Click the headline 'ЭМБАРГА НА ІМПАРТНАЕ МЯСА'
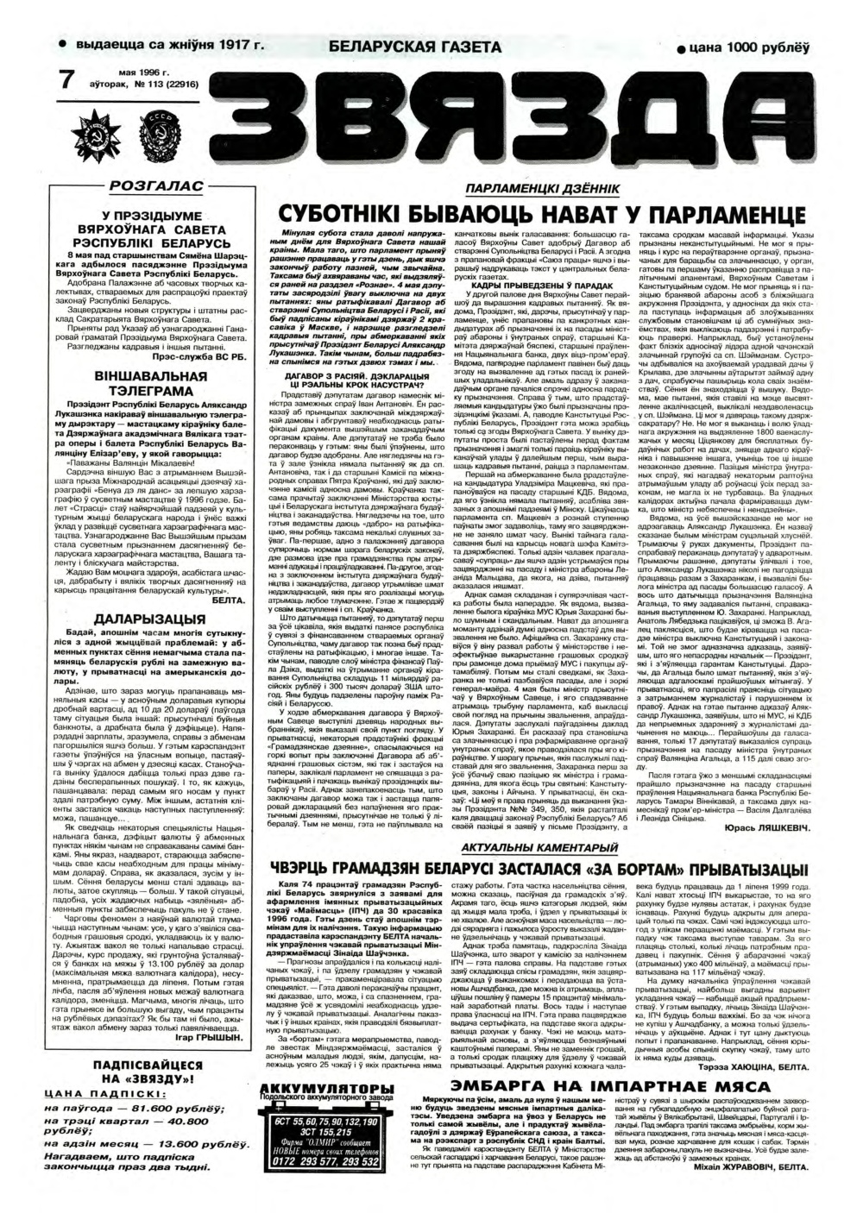(x=604, y=1078)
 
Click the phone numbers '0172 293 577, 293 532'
(x=318, y=1161)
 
